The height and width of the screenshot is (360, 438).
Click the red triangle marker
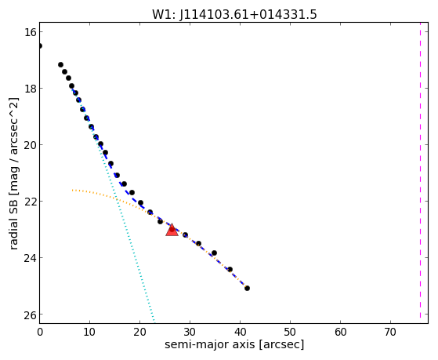(x=172, y=231)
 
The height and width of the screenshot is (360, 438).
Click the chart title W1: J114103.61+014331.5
(x=234, y=14)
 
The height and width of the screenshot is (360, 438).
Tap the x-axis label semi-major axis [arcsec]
(x=234, y=344)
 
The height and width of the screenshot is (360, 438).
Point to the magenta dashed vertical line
(x=420, y=173)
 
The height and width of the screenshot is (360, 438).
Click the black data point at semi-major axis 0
(x=40, y=45)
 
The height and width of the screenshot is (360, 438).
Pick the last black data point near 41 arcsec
(x=247, y=288)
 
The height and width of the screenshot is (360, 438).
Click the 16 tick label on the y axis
(x=30, y=32)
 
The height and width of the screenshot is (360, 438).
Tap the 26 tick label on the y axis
(x=30, y=315)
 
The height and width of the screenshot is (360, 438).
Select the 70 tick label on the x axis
(x=390, y=332)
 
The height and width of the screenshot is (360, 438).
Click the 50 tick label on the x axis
(x=290, y=332)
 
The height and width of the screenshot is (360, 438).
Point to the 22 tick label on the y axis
(x=30, y=201)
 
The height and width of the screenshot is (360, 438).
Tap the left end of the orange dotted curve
(x=72, y=191)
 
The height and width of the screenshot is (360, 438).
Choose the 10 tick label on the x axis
(x=89, y=332)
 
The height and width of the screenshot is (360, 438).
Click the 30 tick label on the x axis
(x=190, y=332)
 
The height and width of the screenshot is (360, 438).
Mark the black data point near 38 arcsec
(x=230, y=269)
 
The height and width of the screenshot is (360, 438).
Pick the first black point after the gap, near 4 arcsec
(x=60, y=64)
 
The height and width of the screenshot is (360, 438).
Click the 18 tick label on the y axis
(x=30, y=89)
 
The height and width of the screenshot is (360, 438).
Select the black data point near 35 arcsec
(x=214, y=253)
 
